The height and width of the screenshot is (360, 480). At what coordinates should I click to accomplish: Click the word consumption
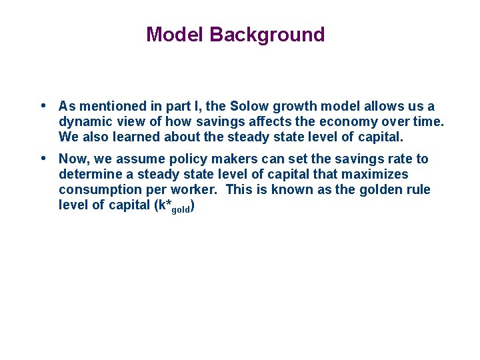coord(99,190)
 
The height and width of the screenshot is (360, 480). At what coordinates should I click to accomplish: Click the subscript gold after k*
coord(181,210)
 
